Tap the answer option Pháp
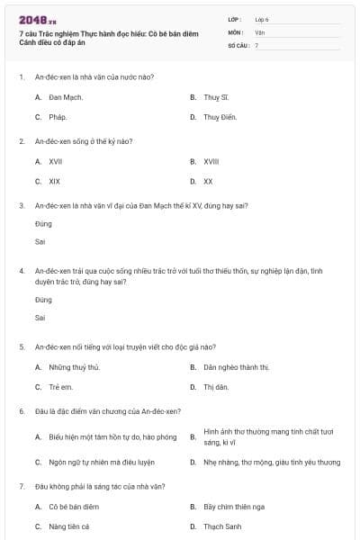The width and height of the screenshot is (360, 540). coord(58,117)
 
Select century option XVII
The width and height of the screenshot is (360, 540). coord(55,161)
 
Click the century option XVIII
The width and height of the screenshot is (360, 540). coord(211,161)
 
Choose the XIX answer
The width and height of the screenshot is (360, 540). coord(54,181)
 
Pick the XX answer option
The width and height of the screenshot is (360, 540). coord(208,181)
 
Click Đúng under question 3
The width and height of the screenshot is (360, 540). coord(43,223)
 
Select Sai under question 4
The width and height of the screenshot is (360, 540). coord(40,317)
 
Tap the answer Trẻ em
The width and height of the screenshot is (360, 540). coord(61,387)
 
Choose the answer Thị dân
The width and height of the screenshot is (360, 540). coord(216,387)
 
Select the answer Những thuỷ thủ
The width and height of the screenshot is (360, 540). coord(74,367)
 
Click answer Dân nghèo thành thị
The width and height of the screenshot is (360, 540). coord(236,367)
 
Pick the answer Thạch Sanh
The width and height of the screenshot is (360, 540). coord(220,526)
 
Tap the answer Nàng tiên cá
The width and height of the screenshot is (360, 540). coord(68,526)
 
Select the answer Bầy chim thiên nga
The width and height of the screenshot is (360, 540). coord(234,507)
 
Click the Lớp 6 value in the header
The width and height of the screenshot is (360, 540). coord(262,18)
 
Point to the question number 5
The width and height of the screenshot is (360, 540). coord(22,346)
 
